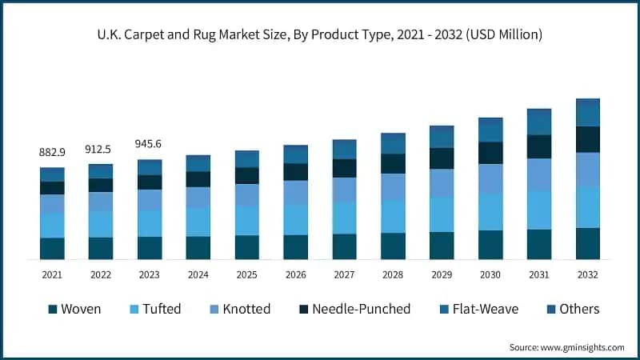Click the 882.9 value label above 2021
click(x=52, y=152)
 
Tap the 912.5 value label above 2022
click(x=101, y=149)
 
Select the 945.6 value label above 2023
click(x=150, y=144)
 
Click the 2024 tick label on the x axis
click(x=198, y=274)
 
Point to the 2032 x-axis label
click(x=588, y=274)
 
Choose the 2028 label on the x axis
click(x=393, y=274)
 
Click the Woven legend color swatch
click(x=53, y=309)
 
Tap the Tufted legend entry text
click(x=162, y=309)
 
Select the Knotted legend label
click(x=247, y=309)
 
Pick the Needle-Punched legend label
click(x=361, y=309)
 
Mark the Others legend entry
click(x=580, y=309)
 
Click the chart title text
click(x=320, y=34)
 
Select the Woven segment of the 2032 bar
click(x=588, y=243)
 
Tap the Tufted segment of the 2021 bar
click(x=52, y=226)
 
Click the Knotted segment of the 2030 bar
click(x=490, y=178)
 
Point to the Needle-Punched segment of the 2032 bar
click(x=588, y=139)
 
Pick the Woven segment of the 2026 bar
click(x=295, y=246)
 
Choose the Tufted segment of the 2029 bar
click(x=442, y=214)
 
